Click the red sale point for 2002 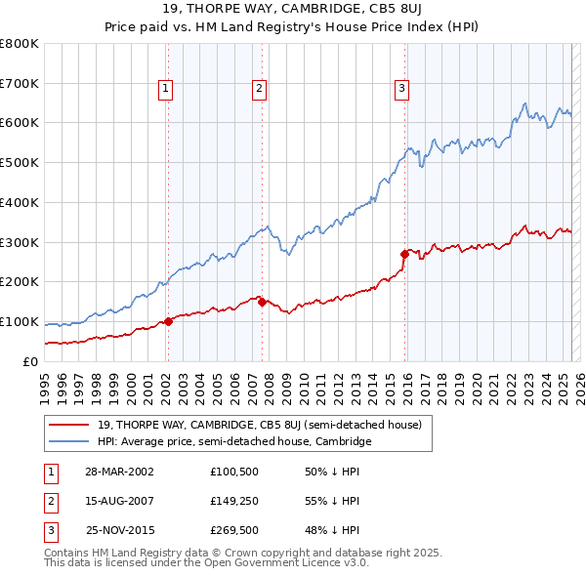[x=168, y=320]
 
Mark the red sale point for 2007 [x=262, y=302]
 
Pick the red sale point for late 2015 [x=404, y=254]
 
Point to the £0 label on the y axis [x=30, y=361]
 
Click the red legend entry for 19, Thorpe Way [x=259, y=425]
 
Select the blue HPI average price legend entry [x=234, y=442]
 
